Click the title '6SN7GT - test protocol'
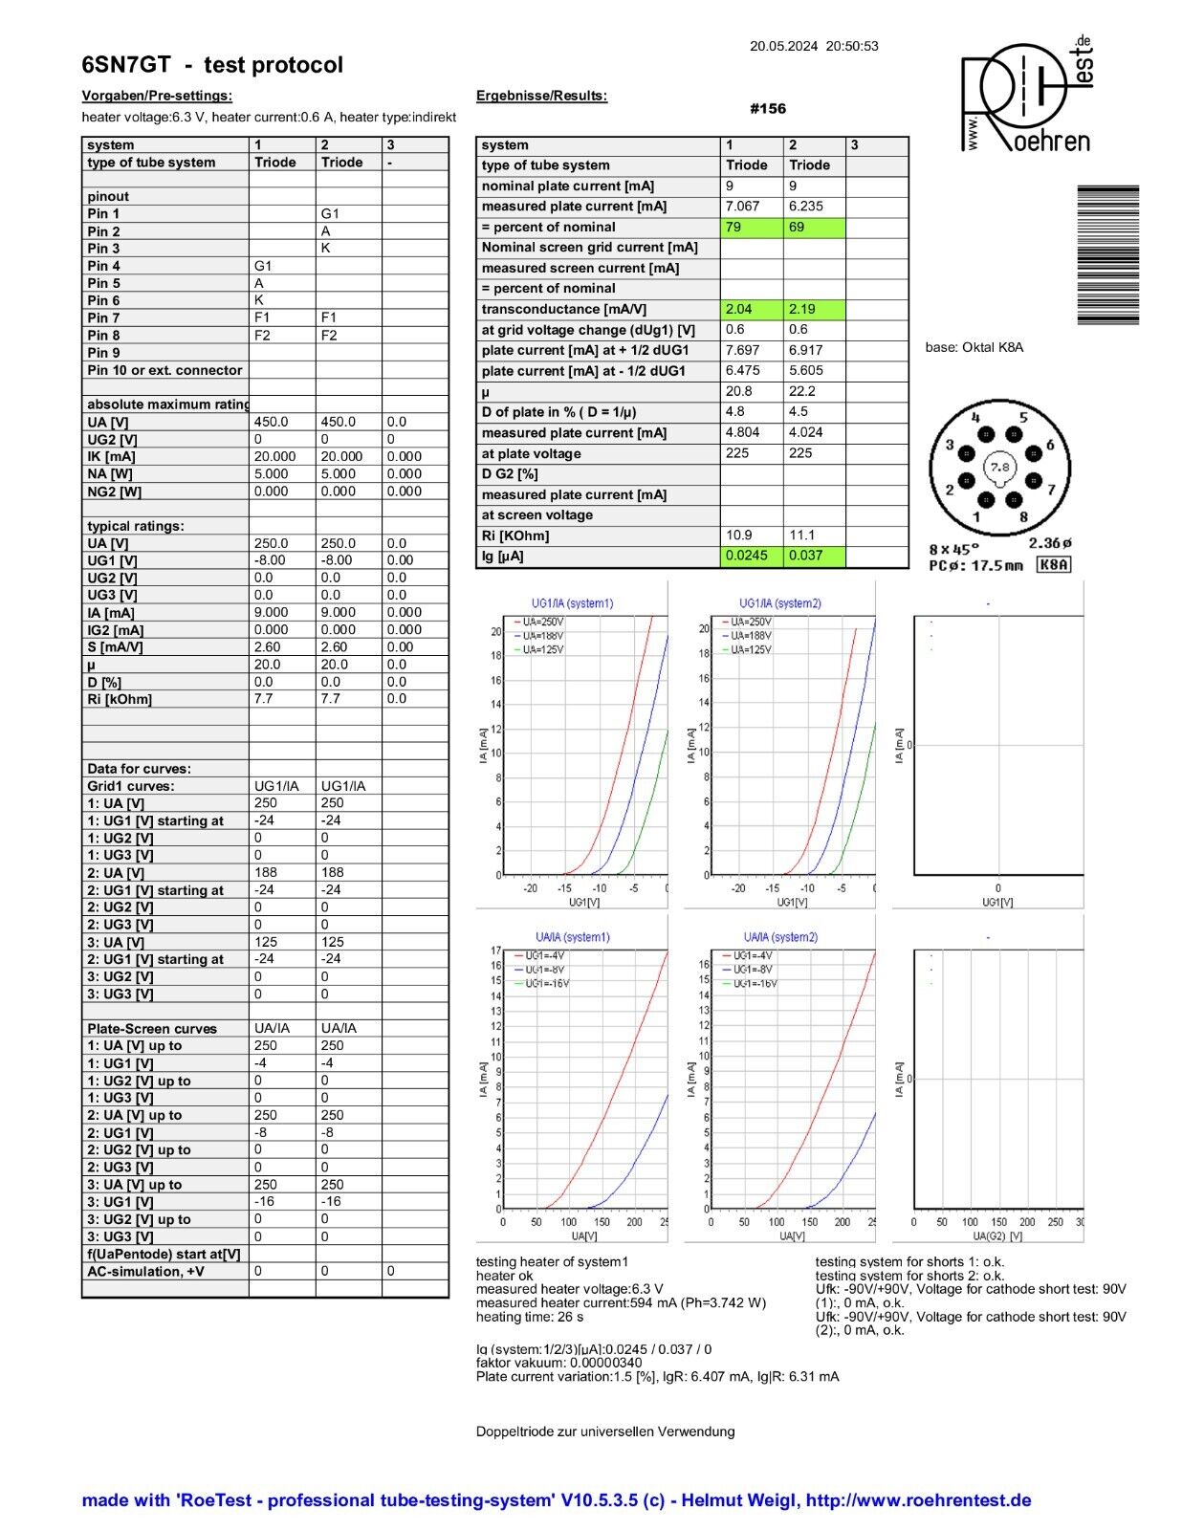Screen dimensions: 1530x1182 [x=212, y=65]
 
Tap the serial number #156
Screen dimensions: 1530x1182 [x=768, y=109]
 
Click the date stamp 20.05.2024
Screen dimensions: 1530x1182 [x=783, y=46]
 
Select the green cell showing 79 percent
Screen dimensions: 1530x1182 [x=751, y=228]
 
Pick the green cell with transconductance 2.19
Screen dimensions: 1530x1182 [x=814, y=310]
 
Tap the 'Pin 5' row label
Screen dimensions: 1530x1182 [x=104, y=283]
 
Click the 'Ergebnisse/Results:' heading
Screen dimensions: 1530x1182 [x=541, y=96]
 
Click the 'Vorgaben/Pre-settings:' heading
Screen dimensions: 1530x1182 [x=157, y=96]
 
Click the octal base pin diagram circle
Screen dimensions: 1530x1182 [x=998, y=468]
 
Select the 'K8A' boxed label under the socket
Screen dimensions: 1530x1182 [x=1054, y=565]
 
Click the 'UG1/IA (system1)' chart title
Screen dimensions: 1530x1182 [x=572, y=603]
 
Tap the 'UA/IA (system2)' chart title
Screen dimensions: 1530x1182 [x=780, y=937]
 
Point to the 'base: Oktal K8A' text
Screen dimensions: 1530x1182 [x=974, y=347]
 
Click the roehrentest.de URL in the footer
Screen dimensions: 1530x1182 [x=918, y=1500]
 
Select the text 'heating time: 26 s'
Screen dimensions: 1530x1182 [x=530, y=1317]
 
